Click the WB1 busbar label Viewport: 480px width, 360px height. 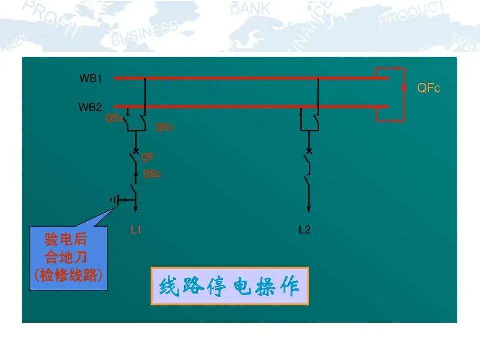(x=91, y=78)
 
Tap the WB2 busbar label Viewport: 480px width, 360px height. (x=90, y=107)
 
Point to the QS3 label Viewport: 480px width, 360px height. (x=164, y=127)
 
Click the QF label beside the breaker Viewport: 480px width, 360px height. (x=147, y=157)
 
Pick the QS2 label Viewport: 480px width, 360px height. (x=152, y=174)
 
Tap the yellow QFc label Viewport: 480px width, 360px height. (x=428, y=88)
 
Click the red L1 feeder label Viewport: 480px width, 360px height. (x=136, y=230)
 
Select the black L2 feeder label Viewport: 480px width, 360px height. (x=304, y=230)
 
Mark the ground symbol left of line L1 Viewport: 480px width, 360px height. (x=116, y=200)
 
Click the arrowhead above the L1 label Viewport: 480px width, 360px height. (x=136, y=209)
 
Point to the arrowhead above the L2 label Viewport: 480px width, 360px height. (x=309, y=209)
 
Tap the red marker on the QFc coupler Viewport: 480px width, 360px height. (x=404, y=88)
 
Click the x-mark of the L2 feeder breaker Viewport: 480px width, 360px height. (x=309, y=151)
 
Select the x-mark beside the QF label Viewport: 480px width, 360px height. (x=136, y=151)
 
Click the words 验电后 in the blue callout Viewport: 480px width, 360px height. (x=65, y=240)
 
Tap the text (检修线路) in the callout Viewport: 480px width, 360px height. (x=68, y=276)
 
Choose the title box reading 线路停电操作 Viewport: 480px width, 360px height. (x=229, y=286)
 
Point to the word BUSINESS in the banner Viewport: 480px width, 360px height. (x=144, y=34)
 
